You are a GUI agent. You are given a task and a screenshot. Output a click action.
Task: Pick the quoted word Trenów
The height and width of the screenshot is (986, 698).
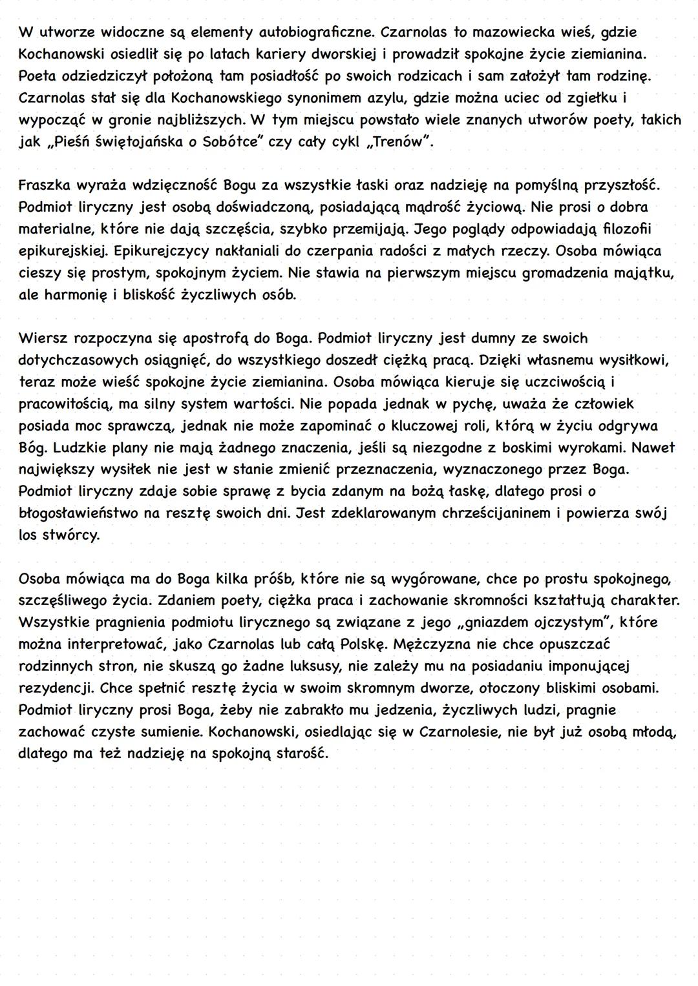point(399,142)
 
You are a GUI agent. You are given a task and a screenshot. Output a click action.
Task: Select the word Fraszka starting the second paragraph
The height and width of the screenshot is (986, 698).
point(45,186)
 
